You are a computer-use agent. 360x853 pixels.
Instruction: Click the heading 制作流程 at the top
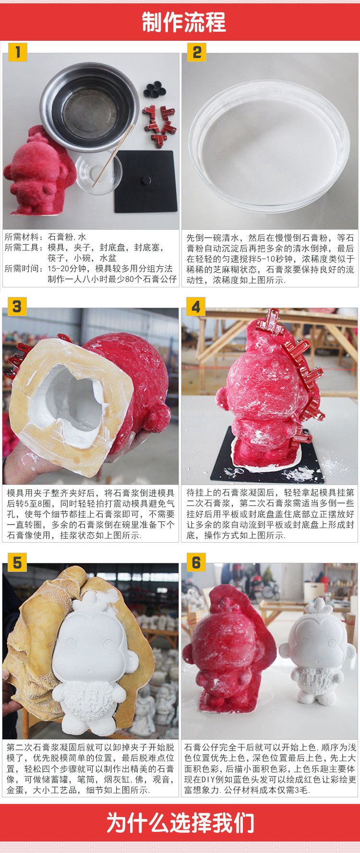(x=184, y=22)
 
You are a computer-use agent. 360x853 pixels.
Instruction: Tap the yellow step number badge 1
(x=18, y=52)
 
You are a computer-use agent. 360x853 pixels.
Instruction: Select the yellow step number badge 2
(x=197, y=52)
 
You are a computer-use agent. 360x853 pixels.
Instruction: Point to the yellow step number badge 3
(x=17, y=306)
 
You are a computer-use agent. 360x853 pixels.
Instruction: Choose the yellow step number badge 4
(x=196, y=306)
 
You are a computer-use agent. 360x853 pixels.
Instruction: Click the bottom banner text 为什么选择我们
(x=180, y=823)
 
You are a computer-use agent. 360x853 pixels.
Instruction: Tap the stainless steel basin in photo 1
(x=89, y=106)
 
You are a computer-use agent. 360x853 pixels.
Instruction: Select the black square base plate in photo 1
(x=146, y=182)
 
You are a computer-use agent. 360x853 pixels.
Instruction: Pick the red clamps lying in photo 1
(x=158, y=124)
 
